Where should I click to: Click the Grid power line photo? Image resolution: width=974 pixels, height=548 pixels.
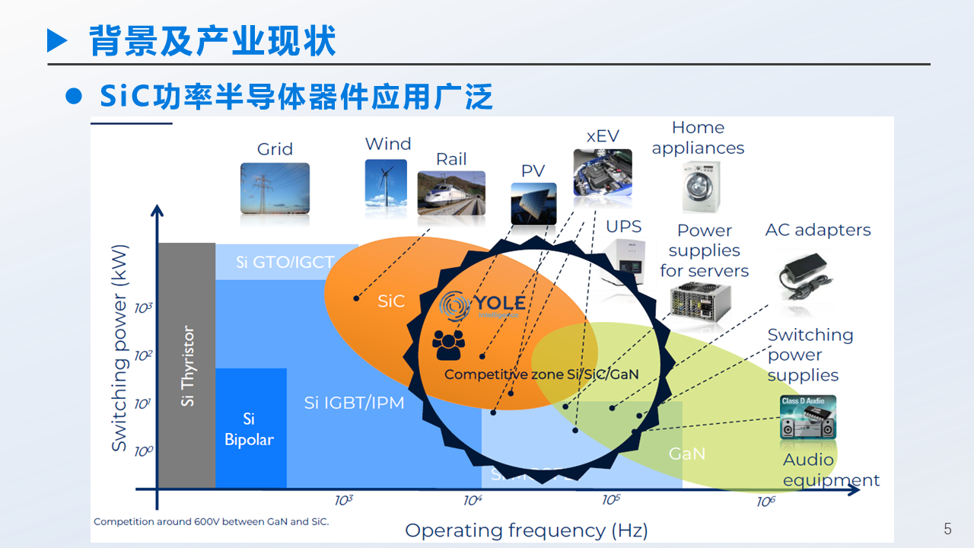point(275,188)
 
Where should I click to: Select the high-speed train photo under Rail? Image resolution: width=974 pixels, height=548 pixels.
point(451,193)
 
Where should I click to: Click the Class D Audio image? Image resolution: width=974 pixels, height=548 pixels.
point(808,417)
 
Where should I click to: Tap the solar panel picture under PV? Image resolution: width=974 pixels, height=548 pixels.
point(533,205)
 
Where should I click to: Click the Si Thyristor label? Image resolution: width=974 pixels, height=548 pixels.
point(188,366)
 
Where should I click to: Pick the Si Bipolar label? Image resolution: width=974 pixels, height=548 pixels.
point(249,429)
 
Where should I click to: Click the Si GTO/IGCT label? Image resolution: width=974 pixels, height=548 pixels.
point(285,262)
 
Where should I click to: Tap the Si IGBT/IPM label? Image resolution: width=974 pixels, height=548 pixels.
point(354,403)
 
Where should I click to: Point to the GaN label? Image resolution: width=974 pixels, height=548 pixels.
point(686,454)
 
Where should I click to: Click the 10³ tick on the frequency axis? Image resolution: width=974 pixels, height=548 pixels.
point(344,500)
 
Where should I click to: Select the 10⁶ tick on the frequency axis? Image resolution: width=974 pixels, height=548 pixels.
point(766,502)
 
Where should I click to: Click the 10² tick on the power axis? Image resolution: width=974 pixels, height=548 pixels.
point(143,355)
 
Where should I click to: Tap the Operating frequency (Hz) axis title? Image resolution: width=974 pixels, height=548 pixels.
point(526,530)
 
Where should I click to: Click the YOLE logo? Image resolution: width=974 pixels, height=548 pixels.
point(482,305)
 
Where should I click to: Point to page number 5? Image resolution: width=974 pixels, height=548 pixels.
point(947,529)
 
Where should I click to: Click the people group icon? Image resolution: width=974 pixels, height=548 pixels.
point(448,345)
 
